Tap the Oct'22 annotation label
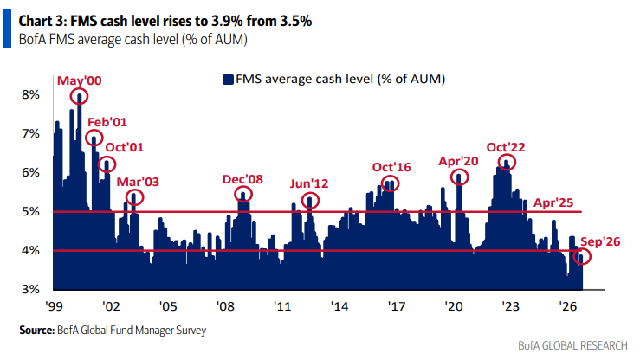[x=506, y=147]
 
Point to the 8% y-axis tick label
[x=31, y=94]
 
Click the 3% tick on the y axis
[x=31, y=289]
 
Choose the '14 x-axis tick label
[x=339, y=305]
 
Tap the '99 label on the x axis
[x=54, y=305]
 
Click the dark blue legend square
[x=228, y=79]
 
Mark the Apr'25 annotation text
[x=553, y=202]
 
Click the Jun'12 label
[x=309, y=183]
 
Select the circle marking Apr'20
[x=451, y=177]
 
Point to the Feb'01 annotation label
[x=107, y=122]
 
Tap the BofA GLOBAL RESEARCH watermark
[x=572, y=346]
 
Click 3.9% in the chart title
[x=227, y=21]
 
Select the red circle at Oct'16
[x=382, y=183]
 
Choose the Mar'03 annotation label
[x=138, y=182]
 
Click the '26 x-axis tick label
[x=567, y=305]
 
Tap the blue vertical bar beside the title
[x=7, y=29]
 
